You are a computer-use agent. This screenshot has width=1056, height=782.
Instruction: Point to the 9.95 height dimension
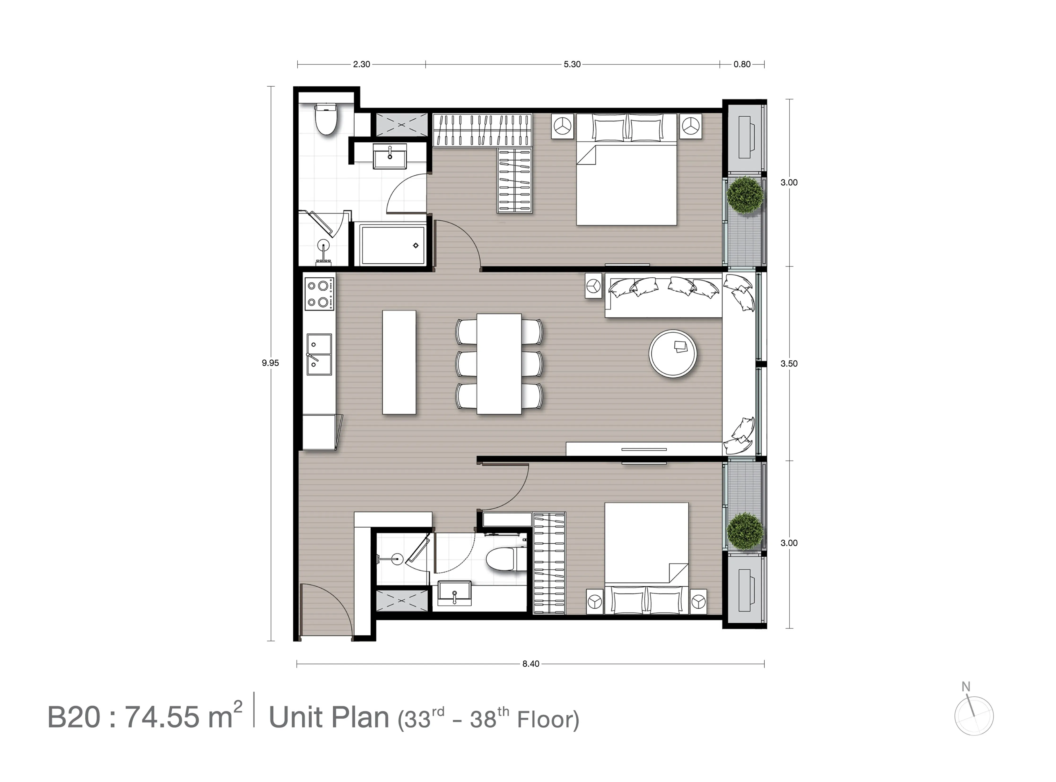pos(270,363)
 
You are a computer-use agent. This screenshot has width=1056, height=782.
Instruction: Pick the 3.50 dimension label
pos(789,363)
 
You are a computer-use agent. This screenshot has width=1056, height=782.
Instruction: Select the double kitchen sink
pos(319,354)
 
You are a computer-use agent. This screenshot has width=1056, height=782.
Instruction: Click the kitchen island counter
pos(399,362)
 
